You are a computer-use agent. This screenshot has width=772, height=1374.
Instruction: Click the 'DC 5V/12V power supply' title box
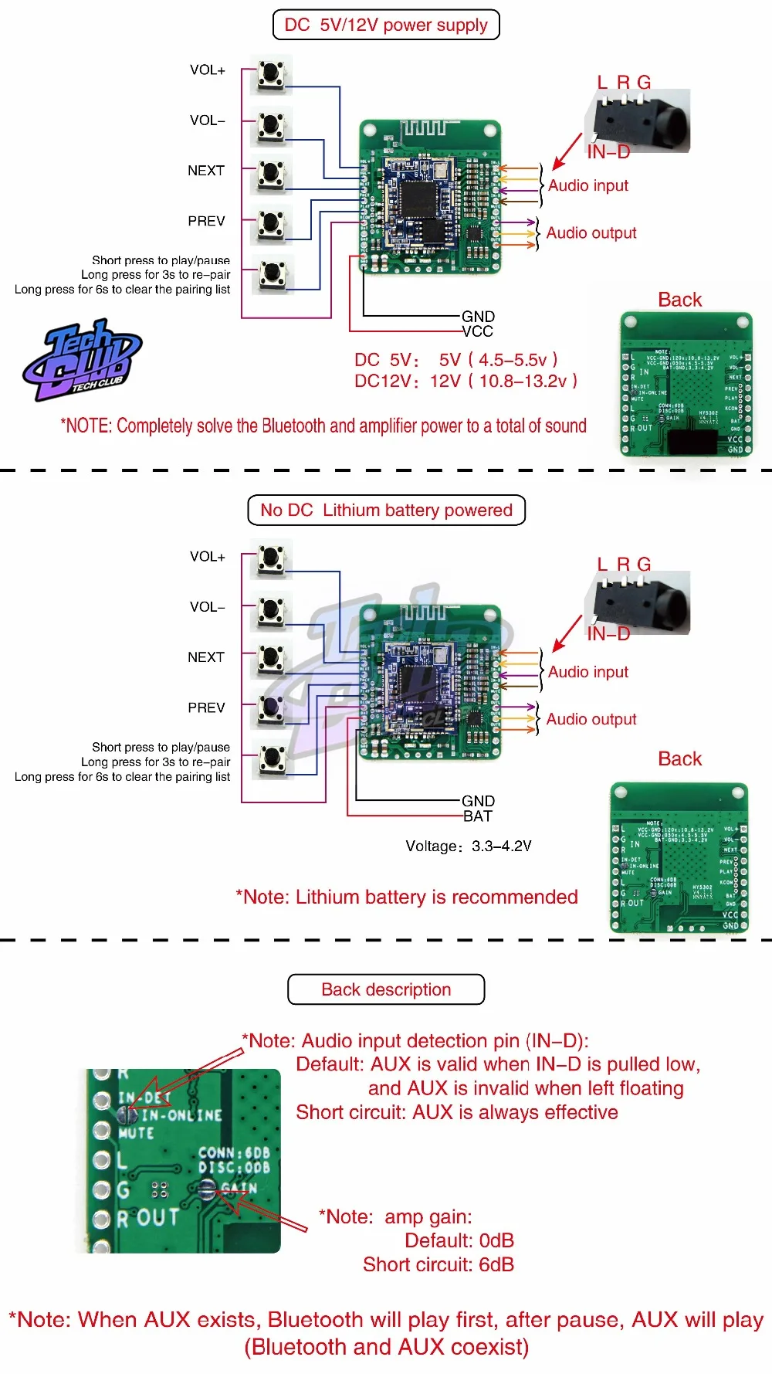386,25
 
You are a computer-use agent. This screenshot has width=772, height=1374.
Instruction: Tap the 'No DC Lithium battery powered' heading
386,511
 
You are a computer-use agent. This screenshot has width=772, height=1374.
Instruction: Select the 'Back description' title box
386,989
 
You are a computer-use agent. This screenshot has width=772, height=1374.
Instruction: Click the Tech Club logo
83,361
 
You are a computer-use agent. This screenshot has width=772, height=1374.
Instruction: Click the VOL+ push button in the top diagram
270,74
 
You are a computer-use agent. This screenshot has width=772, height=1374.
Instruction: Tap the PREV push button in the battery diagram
270,708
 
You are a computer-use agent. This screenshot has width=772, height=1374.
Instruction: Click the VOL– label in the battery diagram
208,607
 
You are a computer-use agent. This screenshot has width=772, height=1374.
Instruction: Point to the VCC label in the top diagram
478,331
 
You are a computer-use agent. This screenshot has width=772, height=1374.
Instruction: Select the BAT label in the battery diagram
478,816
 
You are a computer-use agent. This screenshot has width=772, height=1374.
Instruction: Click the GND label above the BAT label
478,801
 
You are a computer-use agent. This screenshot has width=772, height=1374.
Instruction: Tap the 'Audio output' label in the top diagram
591,233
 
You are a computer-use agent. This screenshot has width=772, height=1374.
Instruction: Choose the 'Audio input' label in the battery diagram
588,672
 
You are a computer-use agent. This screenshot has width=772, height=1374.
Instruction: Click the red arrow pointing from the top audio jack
567,151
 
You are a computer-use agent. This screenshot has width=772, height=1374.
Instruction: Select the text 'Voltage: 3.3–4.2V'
469,846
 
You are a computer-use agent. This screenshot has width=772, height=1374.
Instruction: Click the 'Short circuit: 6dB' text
438,1264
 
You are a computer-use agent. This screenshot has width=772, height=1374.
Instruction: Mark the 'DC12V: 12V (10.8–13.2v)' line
466,381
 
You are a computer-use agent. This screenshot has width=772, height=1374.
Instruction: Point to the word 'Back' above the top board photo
679,300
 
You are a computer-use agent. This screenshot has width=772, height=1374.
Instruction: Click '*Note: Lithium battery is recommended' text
407,897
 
